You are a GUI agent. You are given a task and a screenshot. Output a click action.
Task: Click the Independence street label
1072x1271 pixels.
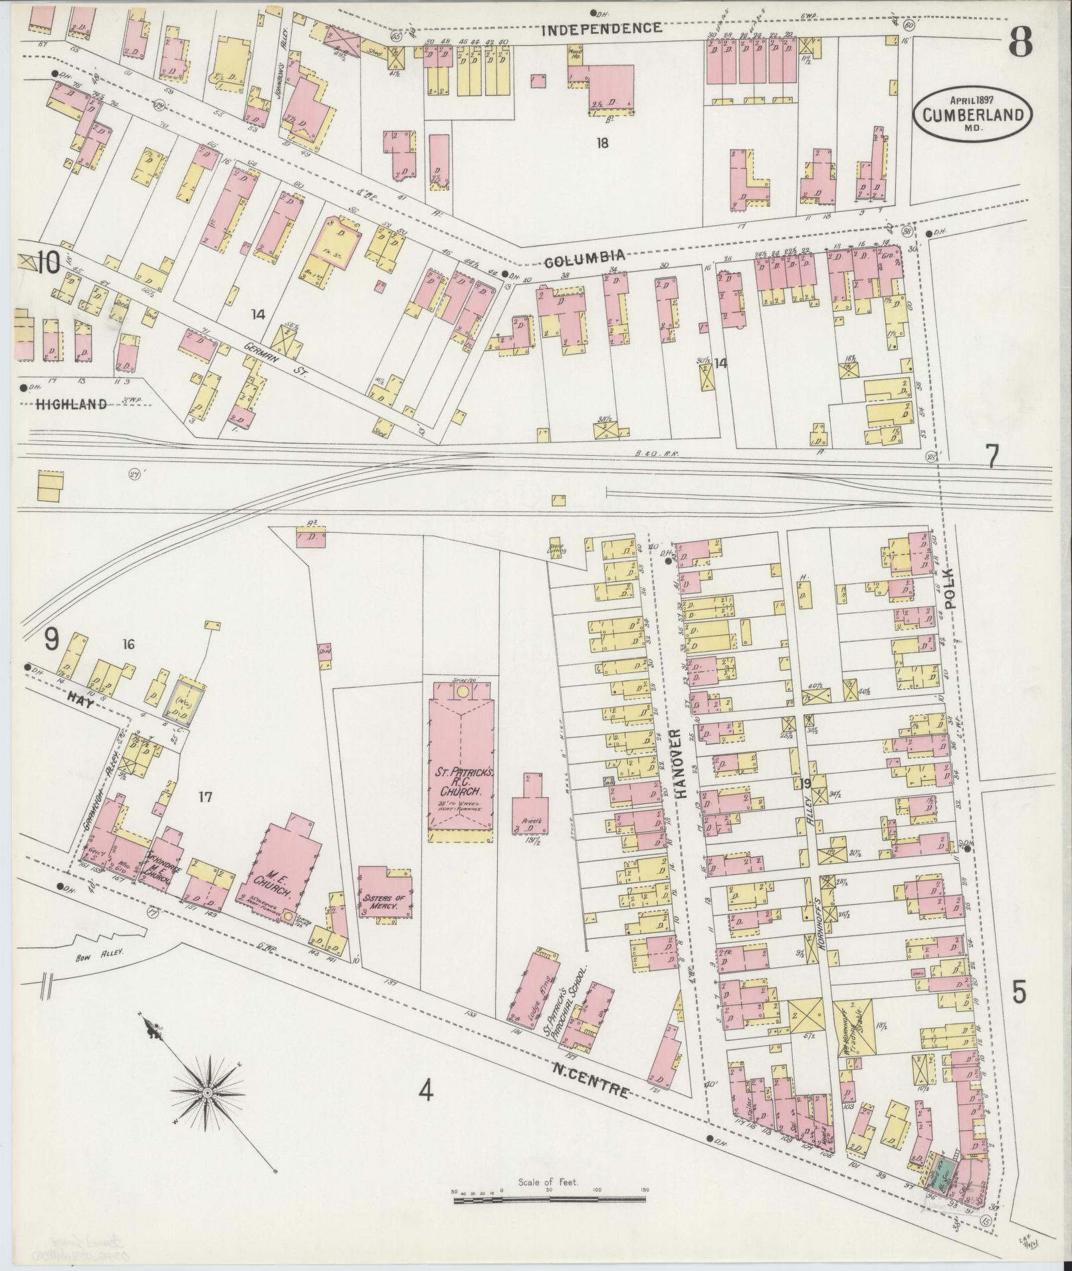point(601,28)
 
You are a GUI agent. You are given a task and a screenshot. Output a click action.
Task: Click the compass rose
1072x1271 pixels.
point(208,1092)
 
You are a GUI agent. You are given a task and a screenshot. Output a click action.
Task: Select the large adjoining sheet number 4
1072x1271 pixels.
point(425,1090)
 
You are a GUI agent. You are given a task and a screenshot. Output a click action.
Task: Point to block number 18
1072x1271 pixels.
point(602,142)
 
